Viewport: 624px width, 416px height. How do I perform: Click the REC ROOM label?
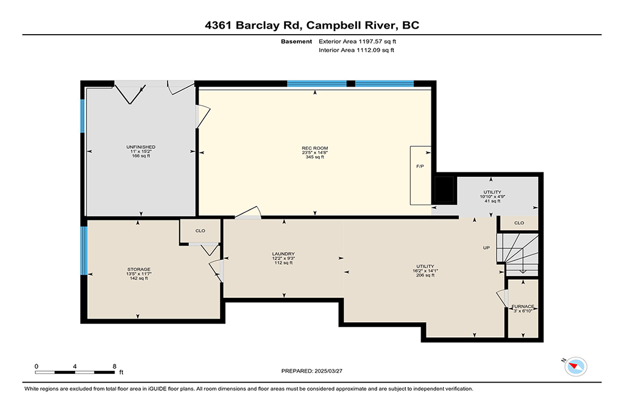315,148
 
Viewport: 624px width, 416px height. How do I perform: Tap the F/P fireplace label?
420,166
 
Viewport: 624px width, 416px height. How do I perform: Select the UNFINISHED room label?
141,147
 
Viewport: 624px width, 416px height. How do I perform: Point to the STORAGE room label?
139,269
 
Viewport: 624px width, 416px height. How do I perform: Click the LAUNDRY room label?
283,254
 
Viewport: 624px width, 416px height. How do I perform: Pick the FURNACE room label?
523,306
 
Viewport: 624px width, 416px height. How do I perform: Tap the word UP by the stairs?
486,248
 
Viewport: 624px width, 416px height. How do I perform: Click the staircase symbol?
518,254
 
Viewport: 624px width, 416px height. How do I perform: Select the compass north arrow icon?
575,366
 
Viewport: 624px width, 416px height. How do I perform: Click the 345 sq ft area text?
315,157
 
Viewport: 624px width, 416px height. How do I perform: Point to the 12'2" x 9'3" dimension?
283,258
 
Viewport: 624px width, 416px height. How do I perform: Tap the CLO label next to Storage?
200,231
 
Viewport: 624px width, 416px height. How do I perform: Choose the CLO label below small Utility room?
519,223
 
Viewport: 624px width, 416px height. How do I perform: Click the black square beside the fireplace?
444,189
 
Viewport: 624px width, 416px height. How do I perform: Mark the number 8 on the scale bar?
115,366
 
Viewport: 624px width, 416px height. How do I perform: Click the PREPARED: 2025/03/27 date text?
311,371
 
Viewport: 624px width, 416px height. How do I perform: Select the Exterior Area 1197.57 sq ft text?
357,41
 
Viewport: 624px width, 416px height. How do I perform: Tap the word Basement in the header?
297,41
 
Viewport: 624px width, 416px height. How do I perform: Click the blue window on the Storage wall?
83,250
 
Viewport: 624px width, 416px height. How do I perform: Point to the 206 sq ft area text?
425,275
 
